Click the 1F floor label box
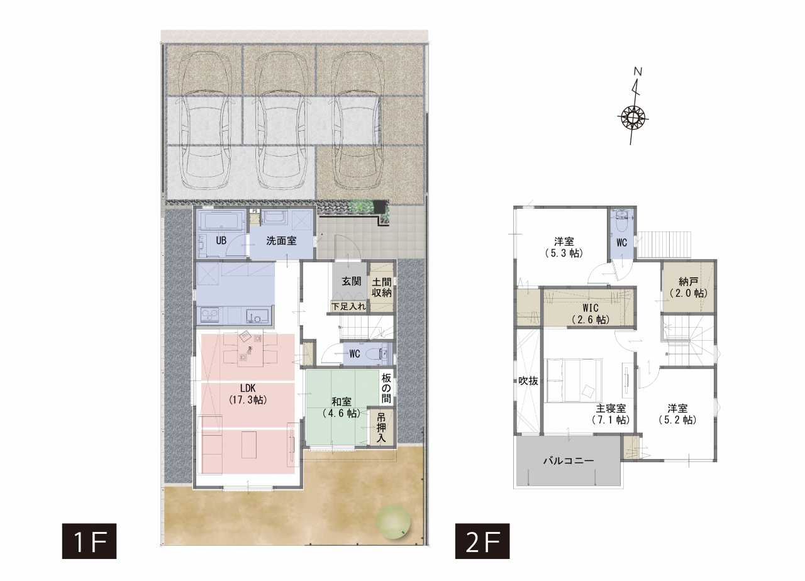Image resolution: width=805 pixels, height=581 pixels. click(89, 541)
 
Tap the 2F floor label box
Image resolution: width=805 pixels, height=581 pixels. click(482, 541)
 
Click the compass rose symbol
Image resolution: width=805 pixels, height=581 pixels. click(633, 117)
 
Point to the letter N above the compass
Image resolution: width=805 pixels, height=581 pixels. click(638, 72)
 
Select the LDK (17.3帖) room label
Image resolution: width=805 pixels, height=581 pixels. click(248, 394)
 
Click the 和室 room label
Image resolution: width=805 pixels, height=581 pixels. click(341, 401)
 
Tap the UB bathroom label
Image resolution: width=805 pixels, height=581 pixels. click(221, 240)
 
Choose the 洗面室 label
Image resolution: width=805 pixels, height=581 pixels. click(281, 240)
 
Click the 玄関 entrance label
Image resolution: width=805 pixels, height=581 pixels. click(352, 281)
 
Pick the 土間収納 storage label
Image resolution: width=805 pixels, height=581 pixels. click(382, 287)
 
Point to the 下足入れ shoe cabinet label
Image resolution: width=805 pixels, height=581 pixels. click(348, 306)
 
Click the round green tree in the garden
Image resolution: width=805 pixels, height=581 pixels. click(393, 522)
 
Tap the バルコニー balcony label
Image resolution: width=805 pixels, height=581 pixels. click(569, 461)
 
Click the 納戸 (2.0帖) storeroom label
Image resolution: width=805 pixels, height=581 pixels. click(689, 287)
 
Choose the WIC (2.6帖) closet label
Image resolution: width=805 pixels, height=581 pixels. click(591, 313)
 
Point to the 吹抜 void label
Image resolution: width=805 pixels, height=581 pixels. click(528, 381)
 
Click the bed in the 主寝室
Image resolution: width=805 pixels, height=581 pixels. click(574, 380)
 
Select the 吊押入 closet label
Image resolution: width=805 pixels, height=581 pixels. click(381, 428)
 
